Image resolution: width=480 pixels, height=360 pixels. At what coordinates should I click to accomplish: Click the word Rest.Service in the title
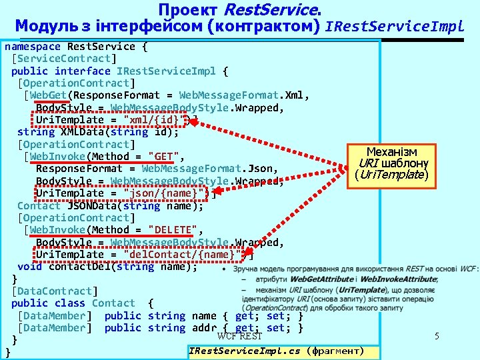tap(271, 10)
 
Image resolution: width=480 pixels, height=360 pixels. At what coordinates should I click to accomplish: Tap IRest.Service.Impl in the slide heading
tap(393, 27)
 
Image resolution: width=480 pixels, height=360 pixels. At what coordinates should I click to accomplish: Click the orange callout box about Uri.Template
tap(391, 164)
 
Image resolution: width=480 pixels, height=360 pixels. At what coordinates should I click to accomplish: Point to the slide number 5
tap(437, 337)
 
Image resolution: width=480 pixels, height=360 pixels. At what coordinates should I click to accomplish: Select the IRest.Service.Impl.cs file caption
tap(276, 351)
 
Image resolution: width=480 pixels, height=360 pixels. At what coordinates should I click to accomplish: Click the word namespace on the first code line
tap(33, 47)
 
